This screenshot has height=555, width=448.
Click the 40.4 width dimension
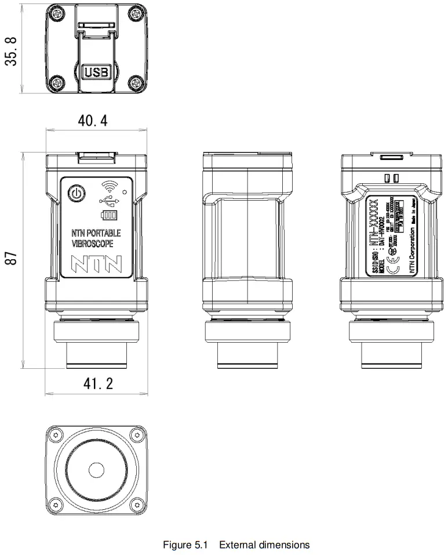click(93, 121)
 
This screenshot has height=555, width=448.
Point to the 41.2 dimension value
click(96, 384)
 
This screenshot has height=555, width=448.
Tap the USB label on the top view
click(96, 72)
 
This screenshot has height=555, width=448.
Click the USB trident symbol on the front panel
click(109, 201)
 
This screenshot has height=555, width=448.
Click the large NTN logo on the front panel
click(96, 263)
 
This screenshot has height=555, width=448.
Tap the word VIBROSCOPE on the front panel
click(92, 244)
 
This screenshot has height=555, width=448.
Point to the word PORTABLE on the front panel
click(104, 233)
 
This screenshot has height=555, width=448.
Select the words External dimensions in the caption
click(264, 545)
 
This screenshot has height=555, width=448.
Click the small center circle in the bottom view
click(96, 468)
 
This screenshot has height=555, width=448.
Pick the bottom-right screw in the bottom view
click(136, 502)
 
